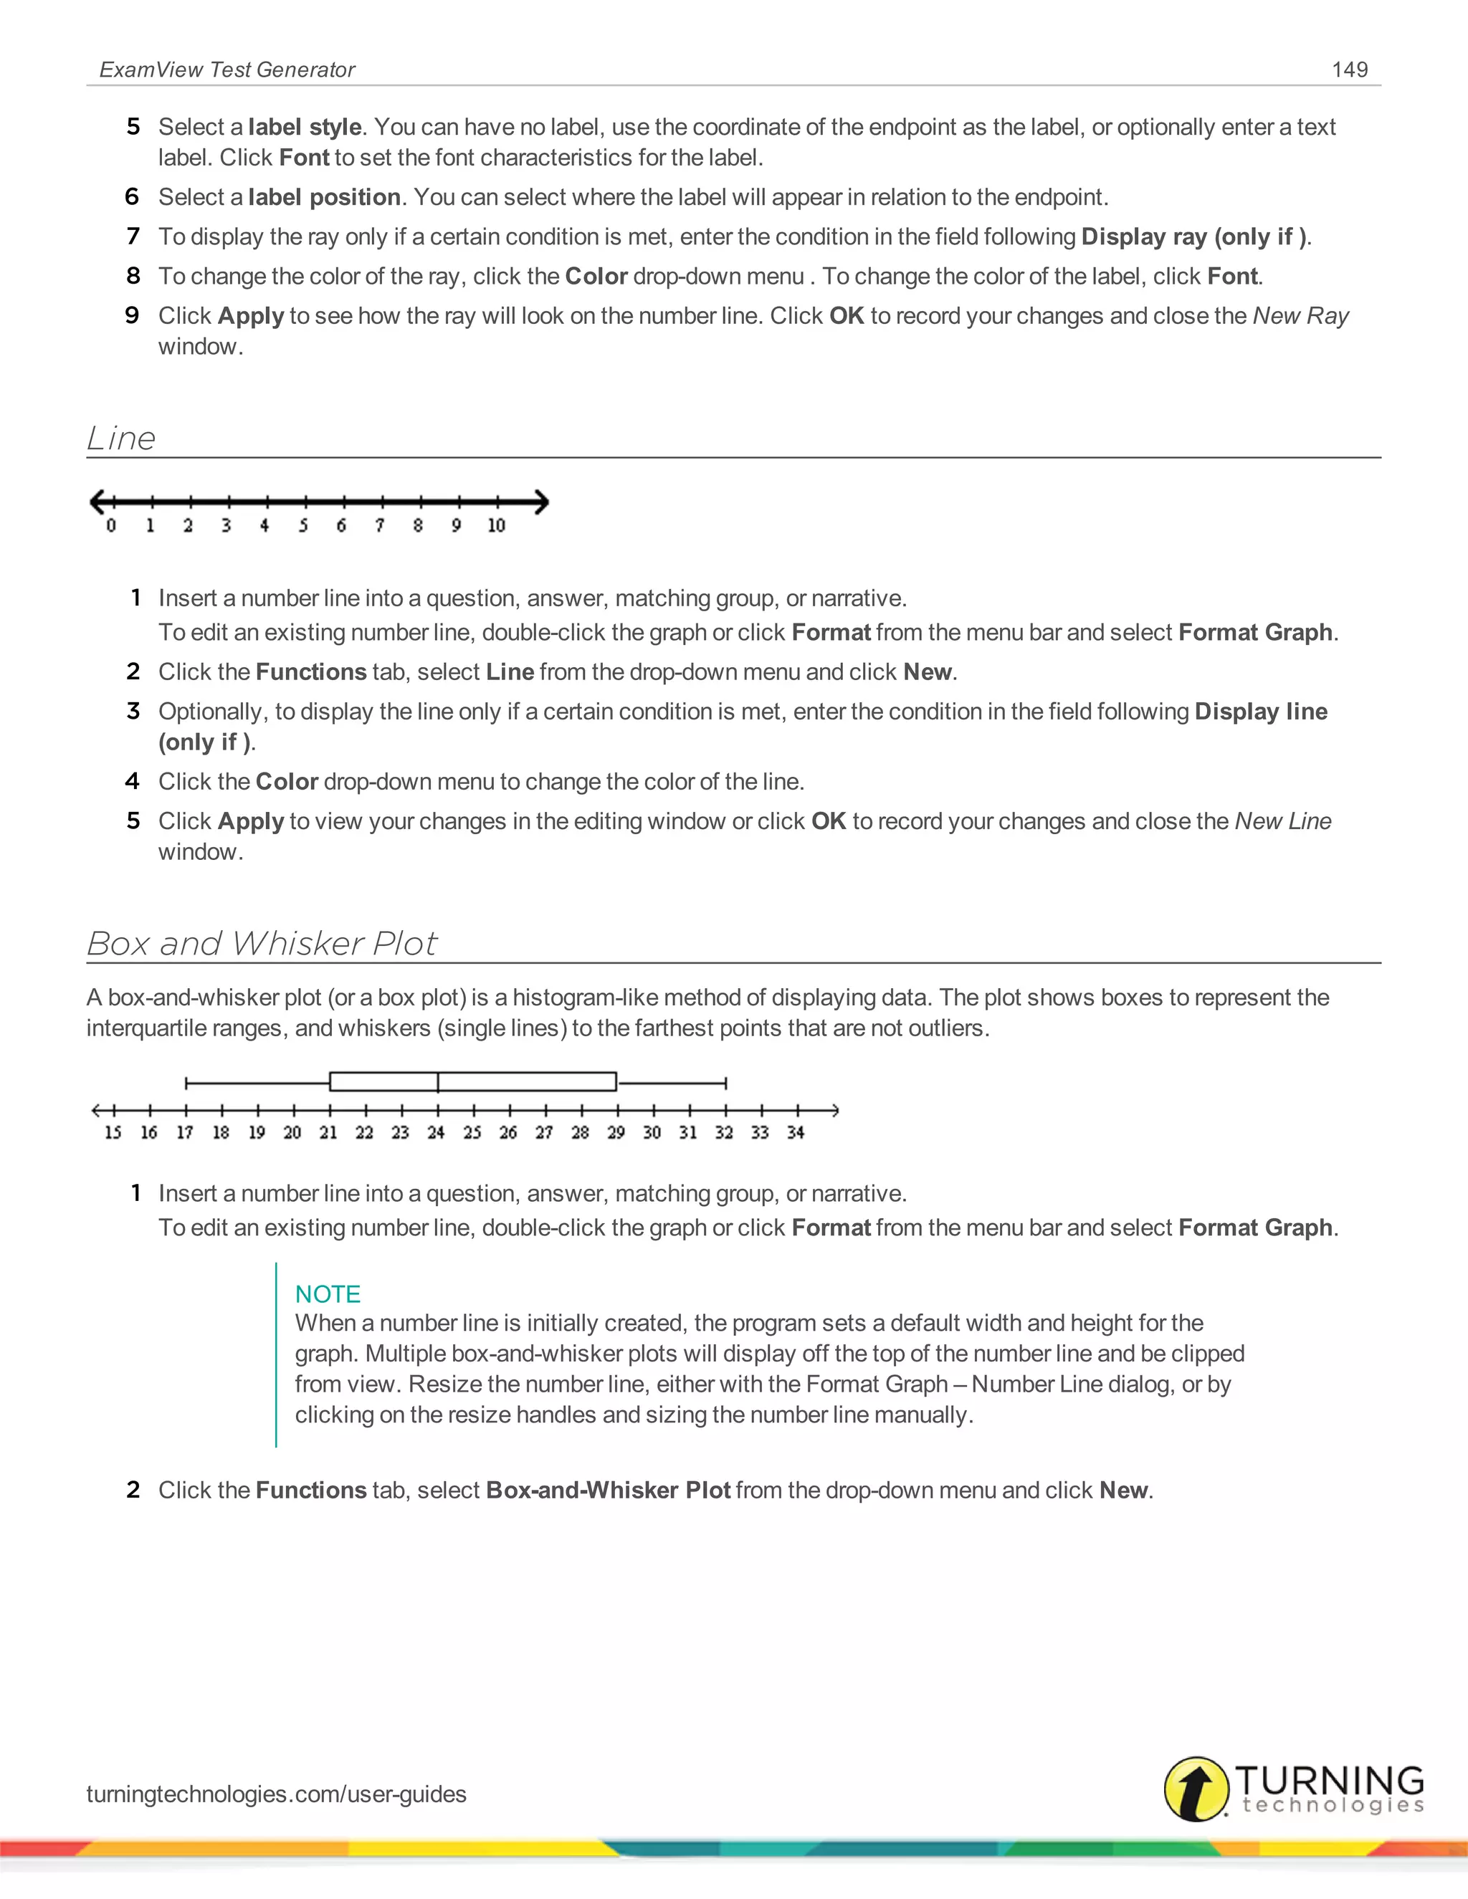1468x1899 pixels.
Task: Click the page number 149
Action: click(x=1350, y=70)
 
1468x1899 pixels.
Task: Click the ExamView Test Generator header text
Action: click(x=227, y=70)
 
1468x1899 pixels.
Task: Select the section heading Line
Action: click(x=121, y=439)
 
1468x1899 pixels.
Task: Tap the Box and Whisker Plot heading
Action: click(x=262, y=944)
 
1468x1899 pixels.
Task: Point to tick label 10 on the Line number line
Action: click(x=497, y=525)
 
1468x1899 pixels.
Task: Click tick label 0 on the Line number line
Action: click(x=111, y=525)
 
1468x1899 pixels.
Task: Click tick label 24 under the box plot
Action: click(x=437, y=1132)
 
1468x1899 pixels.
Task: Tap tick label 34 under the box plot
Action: click(x=796, y=1132)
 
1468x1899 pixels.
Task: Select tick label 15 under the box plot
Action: click(x=113, y=1132)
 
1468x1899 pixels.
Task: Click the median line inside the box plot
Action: click(x=438, y=1081)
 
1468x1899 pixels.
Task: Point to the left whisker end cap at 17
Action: click(x=186, y=1083)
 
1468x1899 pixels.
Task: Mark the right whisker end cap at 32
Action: click(x=725, y=1083)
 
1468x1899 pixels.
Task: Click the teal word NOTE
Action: click(x=328, y=1293)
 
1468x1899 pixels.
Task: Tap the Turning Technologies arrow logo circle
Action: click(x=1196, y=1789)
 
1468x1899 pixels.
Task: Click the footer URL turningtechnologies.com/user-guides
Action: click(x=277, y=1794)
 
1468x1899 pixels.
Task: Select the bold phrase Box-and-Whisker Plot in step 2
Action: click(x=608, y=1491)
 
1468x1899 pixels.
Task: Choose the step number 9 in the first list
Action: click(x=132, y=315)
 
